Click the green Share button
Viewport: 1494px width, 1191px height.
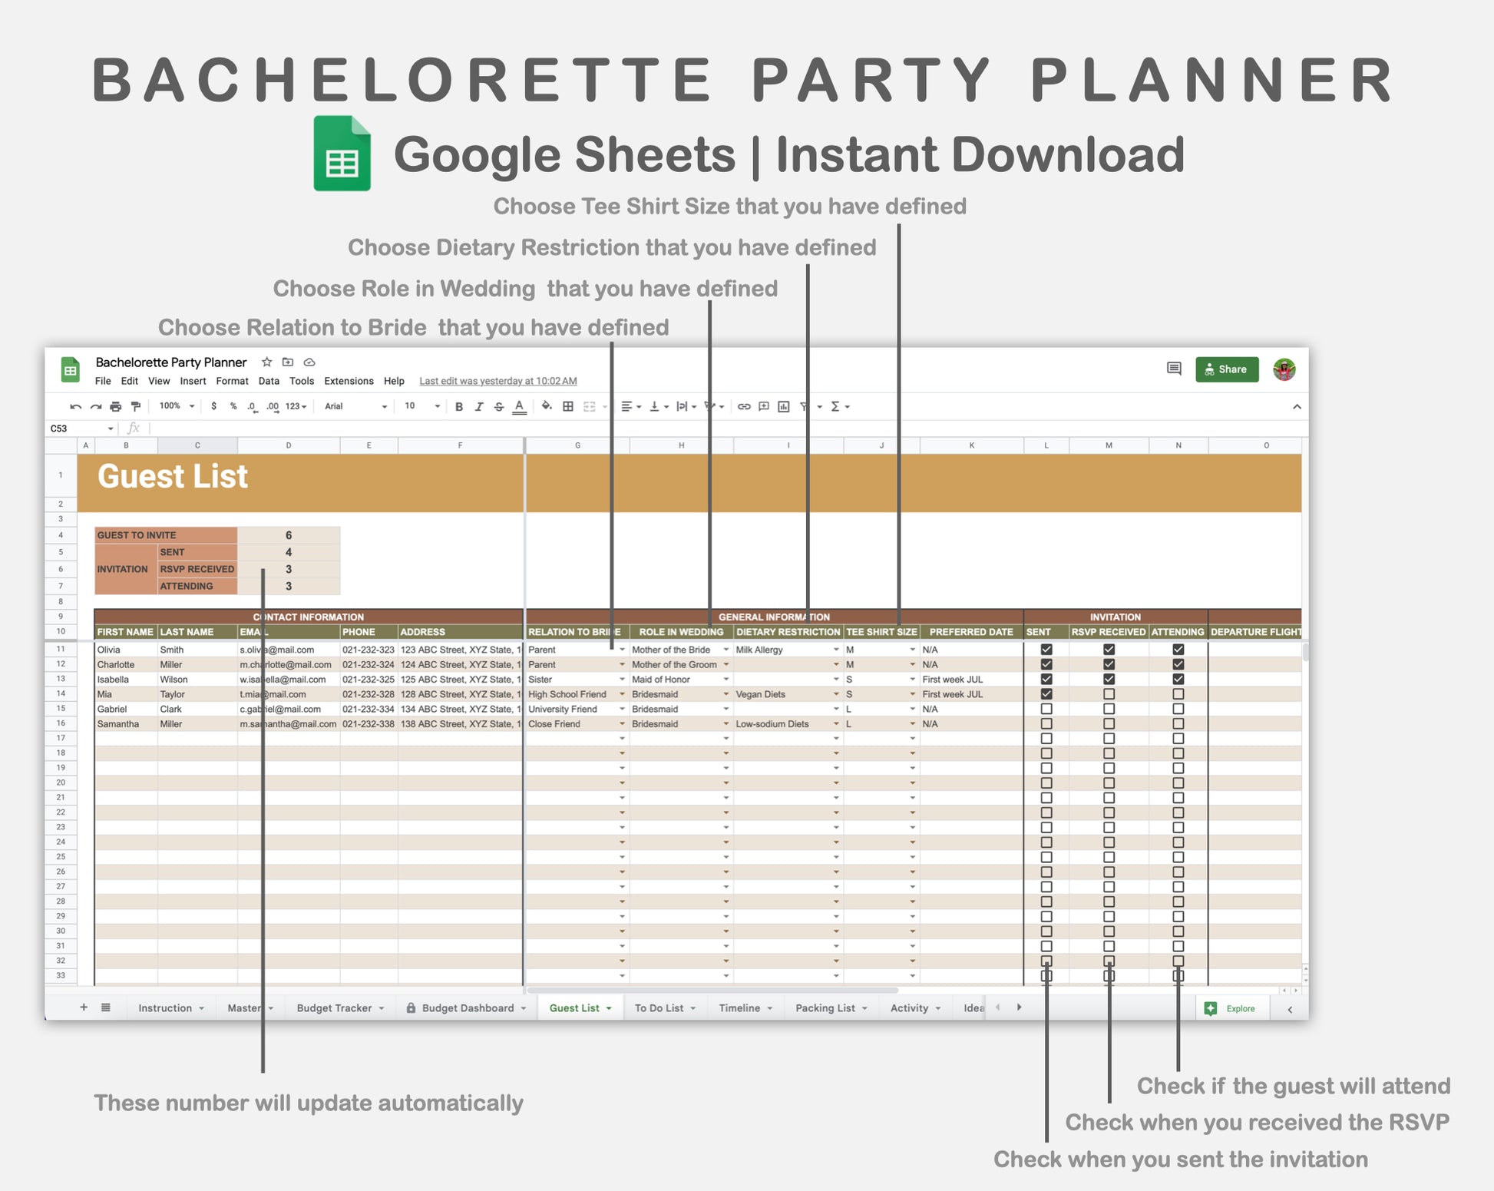point(1226,369)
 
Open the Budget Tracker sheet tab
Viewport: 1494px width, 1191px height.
point(334,1008)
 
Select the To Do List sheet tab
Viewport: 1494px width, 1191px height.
point(659,1008)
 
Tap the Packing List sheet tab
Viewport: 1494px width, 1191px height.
point(825,1008)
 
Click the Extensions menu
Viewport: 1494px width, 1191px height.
point(349,381)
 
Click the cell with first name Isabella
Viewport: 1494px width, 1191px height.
point(113,680)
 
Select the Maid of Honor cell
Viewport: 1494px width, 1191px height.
point(661,680)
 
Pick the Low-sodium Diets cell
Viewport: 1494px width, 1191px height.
point(772,724)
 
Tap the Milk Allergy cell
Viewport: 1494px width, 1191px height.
point(759,650)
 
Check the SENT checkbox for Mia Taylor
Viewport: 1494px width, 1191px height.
point(1046,694)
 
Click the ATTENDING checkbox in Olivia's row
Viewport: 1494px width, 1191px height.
point(1178,650)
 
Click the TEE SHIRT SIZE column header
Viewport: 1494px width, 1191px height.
point(881,632)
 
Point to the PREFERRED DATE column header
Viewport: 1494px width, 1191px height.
point(971,632)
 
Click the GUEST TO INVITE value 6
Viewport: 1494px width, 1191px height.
point(289,535)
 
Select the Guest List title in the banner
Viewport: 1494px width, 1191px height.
point(173,477)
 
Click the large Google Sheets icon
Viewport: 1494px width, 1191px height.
point(342,154)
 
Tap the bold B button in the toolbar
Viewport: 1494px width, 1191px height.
point(459,407)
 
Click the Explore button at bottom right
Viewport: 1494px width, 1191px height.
point(1231,1008)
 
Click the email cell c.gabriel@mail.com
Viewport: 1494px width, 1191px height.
point(280,710)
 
